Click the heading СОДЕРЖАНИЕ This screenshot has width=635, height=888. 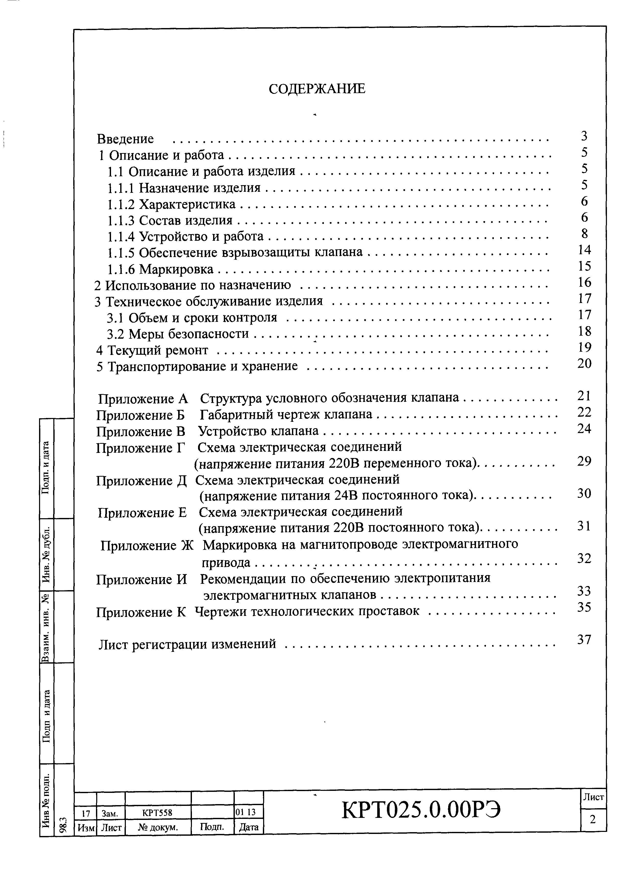317,90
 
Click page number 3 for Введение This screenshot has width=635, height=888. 584,136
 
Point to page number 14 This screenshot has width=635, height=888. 584,250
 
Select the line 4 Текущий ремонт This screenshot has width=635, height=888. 152,350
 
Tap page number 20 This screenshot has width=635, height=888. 584,363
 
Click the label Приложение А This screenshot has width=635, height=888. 143,399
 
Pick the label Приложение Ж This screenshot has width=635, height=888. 147,546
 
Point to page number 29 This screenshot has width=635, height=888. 584,461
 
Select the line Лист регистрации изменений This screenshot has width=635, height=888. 187,644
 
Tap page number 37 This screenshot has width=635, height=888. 584,640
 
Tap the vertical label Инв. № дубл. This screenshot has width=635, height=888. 46,554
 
